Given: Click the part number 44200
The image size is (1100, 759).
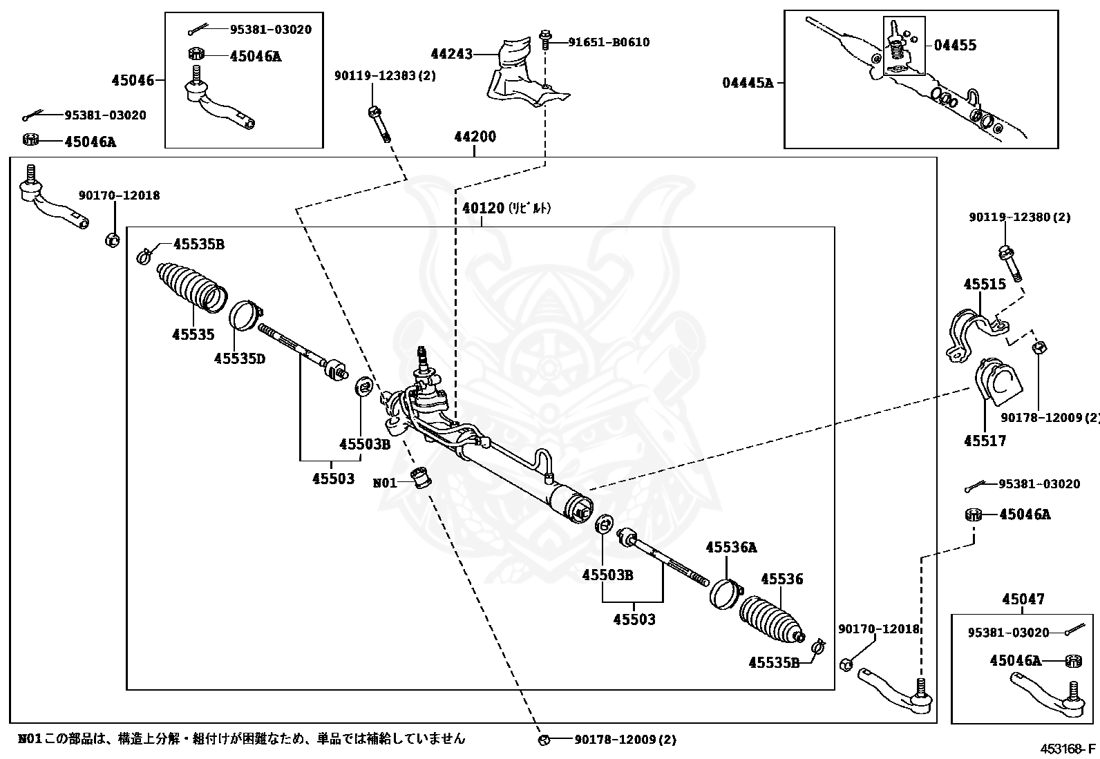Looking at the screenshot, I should click(475, 137).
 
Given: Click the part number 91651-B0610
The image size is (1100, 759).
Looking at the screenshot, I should click(608, 42).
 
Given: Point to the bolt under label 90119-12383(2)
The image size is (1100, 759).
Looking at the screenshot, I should click(379, 124).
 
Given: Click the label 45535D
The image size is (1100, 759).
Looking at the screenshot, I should click(239, 358).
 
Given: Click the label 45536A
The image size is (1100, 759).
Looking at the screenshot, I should click(731, 548).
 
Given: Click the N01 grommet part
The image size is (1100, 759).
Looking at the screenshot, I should click(419, 477).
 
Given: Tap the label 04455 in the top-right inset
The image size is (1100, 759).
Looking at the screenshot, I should click(955, 46).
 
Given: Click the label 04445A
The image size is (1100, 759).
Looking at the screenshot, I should click(748, 83).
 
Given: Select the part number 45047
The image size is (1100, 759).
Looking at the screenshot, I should click(1023, 599).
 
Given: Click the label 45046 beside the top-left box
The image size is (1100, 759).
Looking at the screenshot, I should click(133, 81).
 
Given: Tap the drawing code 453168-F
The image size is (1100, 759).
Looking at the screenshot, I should click(1068, 749).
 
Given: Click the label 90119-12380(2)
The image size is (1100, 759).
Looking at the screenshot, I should click(1019, 217).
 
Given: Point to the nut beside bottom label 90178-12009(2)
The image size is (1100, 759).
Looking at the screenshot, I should click(544, 740).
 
